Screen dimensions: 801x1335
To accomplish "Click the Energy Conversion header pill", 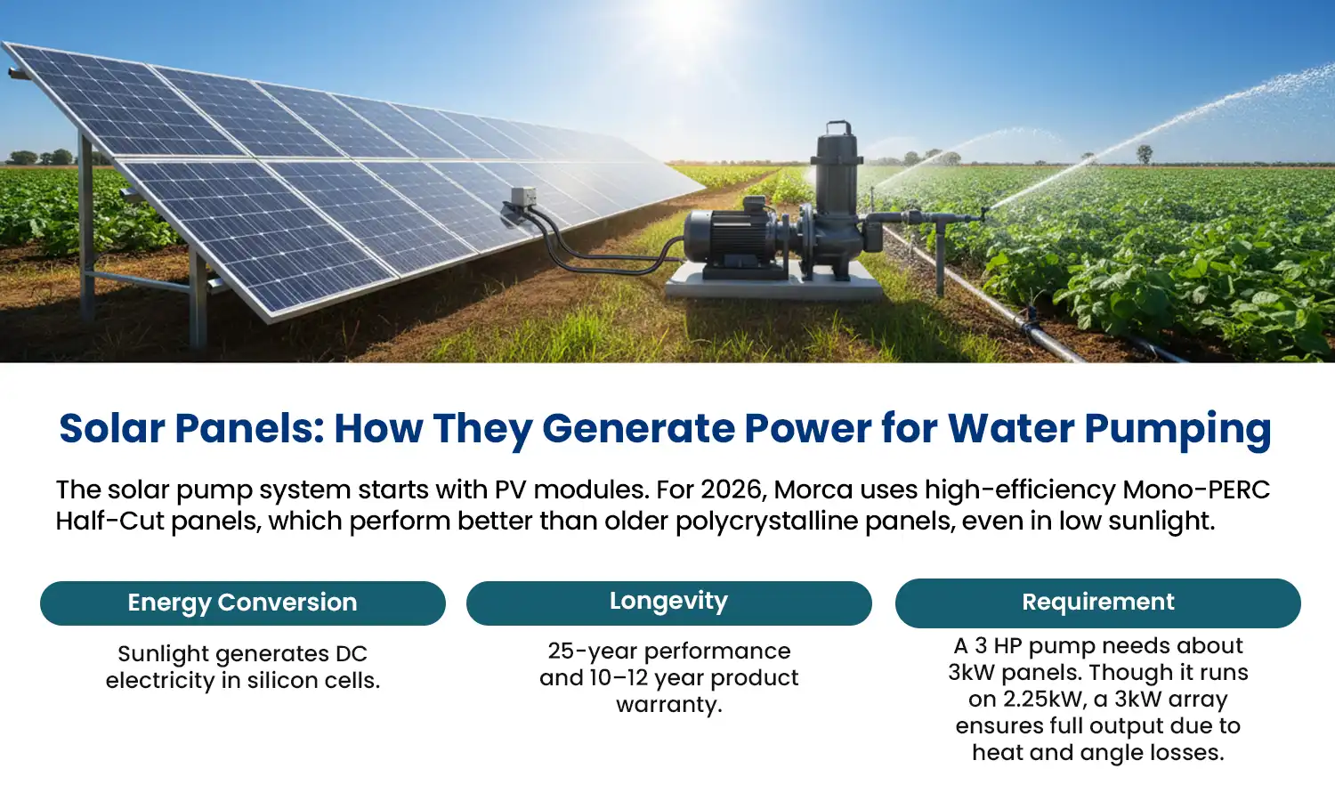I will (242, 603).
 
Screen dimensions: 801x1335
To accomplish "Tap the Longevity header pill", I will (668, 603).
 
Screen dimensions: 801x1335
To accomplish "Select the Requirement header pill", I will (1097, 603).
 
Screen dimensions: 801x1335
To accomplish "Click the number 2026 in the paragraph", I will (733, 489).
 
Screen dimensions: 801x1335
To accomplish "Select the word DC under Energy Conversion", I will (351, 654).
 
